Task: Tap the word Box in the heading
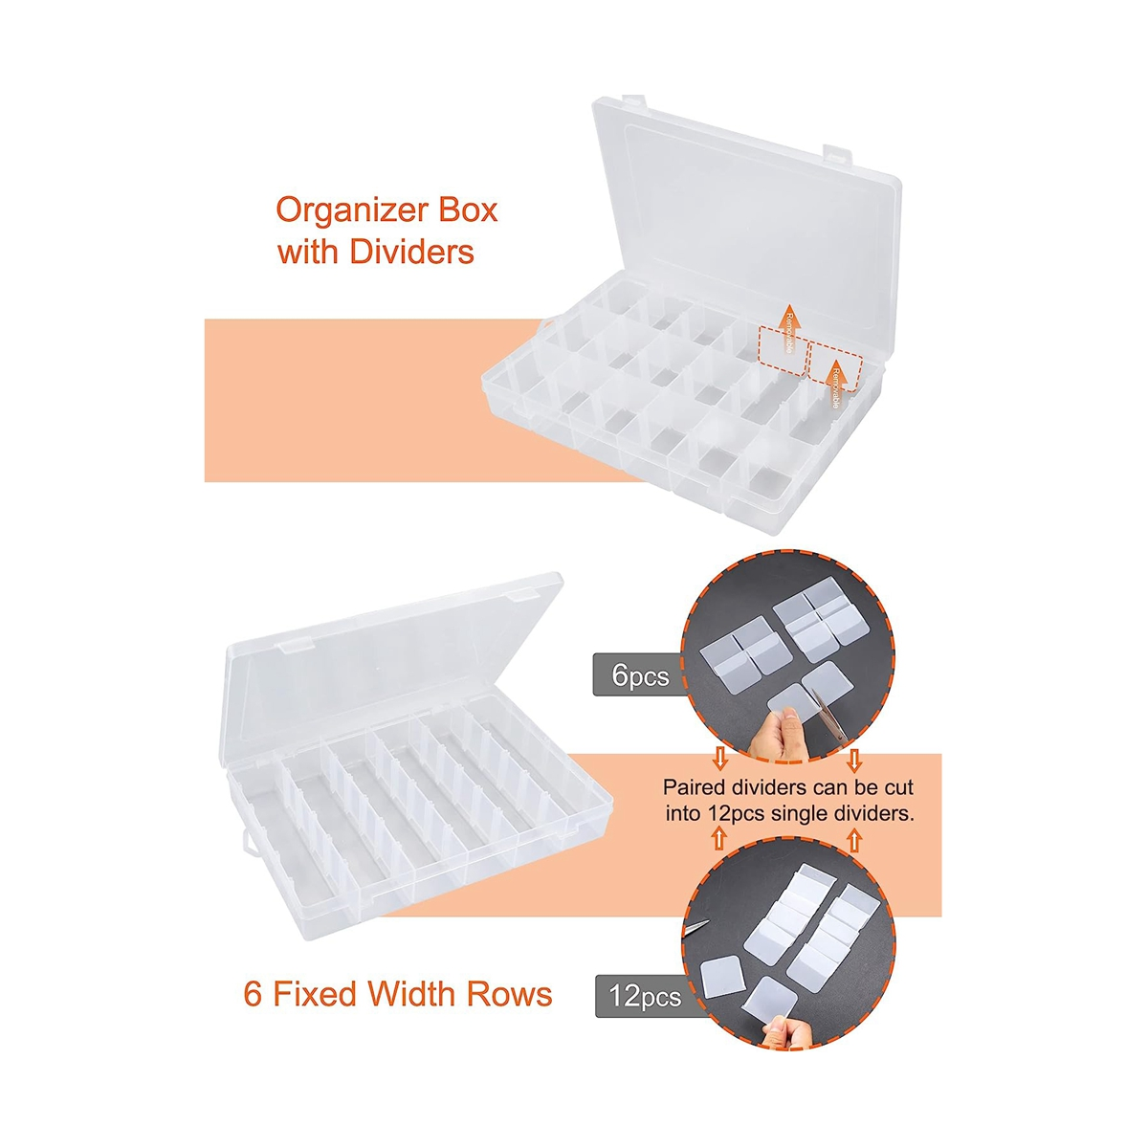pos(466,210)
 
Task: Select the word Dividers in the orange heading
pos(411,252)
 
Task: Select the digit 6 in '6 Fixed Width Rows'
pos(253,994)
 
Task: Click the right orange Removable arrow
pos(834,383)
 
